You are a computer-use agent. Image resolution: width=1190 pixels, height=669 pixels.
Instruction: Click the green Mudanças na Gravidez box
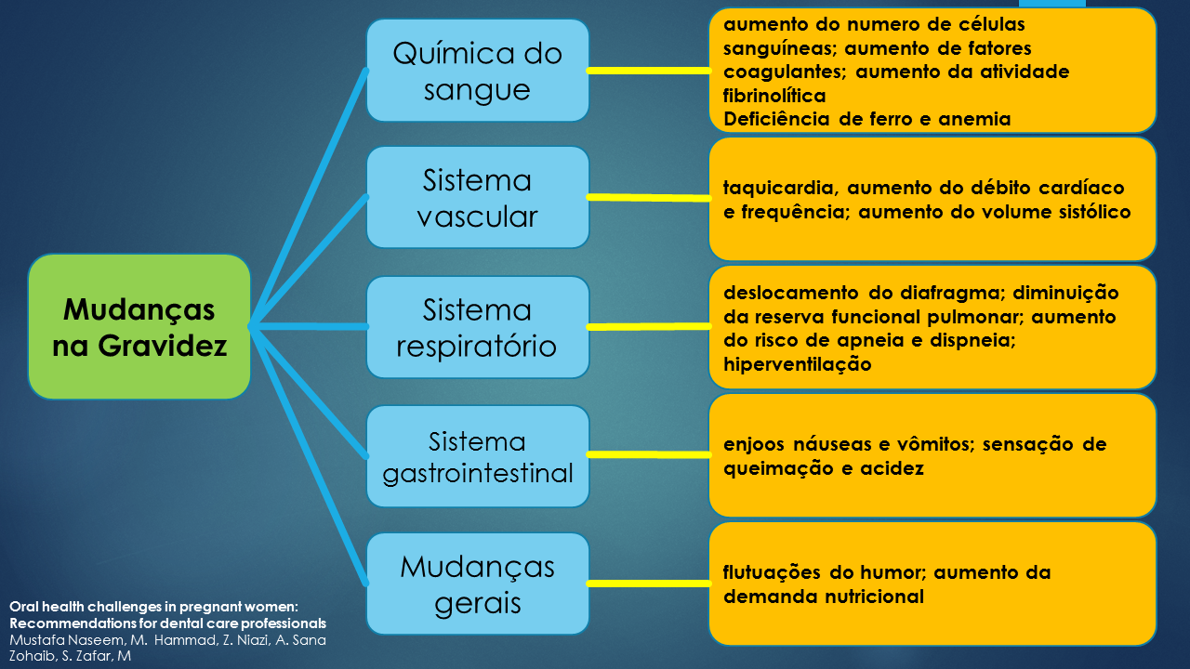click(x=139, y=327)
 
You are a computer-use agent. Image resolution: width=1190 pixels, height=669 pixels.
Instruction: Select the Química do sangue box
click(x=477, y=71)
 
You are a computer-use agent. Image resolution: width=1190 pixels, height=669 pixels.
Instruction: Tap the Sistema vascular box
click(x=477, y=197)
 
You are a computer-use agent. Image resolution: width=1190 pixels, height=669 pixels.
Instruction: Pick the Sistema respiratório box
click(x=477, y=327)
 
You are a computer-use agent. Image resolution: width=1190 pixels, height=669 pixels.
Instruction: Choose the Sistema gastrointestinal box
click(x=477, y=456)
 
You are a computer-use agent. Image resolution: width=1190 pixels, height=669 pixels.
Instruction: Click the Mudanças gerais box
click(x=477, y=584)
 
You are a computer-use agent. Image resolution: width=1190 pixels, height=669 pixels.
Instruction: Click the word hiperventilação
click(x=797, y=364)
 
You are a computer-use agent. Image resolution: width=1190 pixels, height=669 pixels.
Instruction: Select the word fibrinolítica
click(x=774, y=95)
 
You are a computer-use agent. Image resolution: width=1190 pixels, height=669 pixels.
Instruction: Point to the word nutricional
click(x=874, y=597)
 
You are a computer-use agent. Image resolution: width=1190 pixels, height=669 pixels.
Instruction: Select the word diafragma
click(x=936, y=293)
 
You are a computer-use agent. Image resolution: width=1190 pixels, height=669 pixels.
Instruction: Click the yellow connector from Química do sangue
click(x=649, y=71)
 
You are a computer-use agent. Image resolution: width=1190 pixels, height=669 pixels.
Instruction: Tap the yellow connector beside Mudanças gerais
click(x=649, y=584)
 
